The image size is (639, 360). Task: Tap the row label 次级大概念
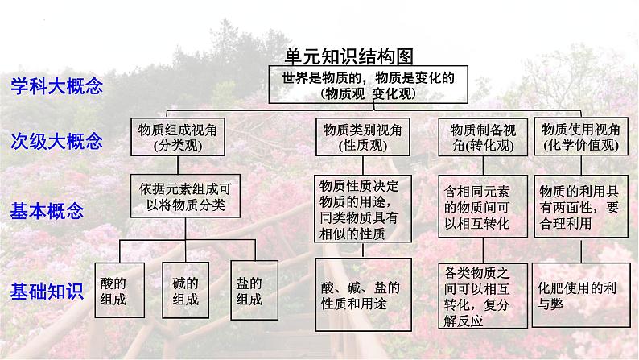pos(56,143)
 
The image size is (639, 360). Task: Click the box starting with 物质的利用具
pos(580,207)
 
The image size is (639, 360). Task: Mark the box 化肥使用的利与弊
pos(580,295)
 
